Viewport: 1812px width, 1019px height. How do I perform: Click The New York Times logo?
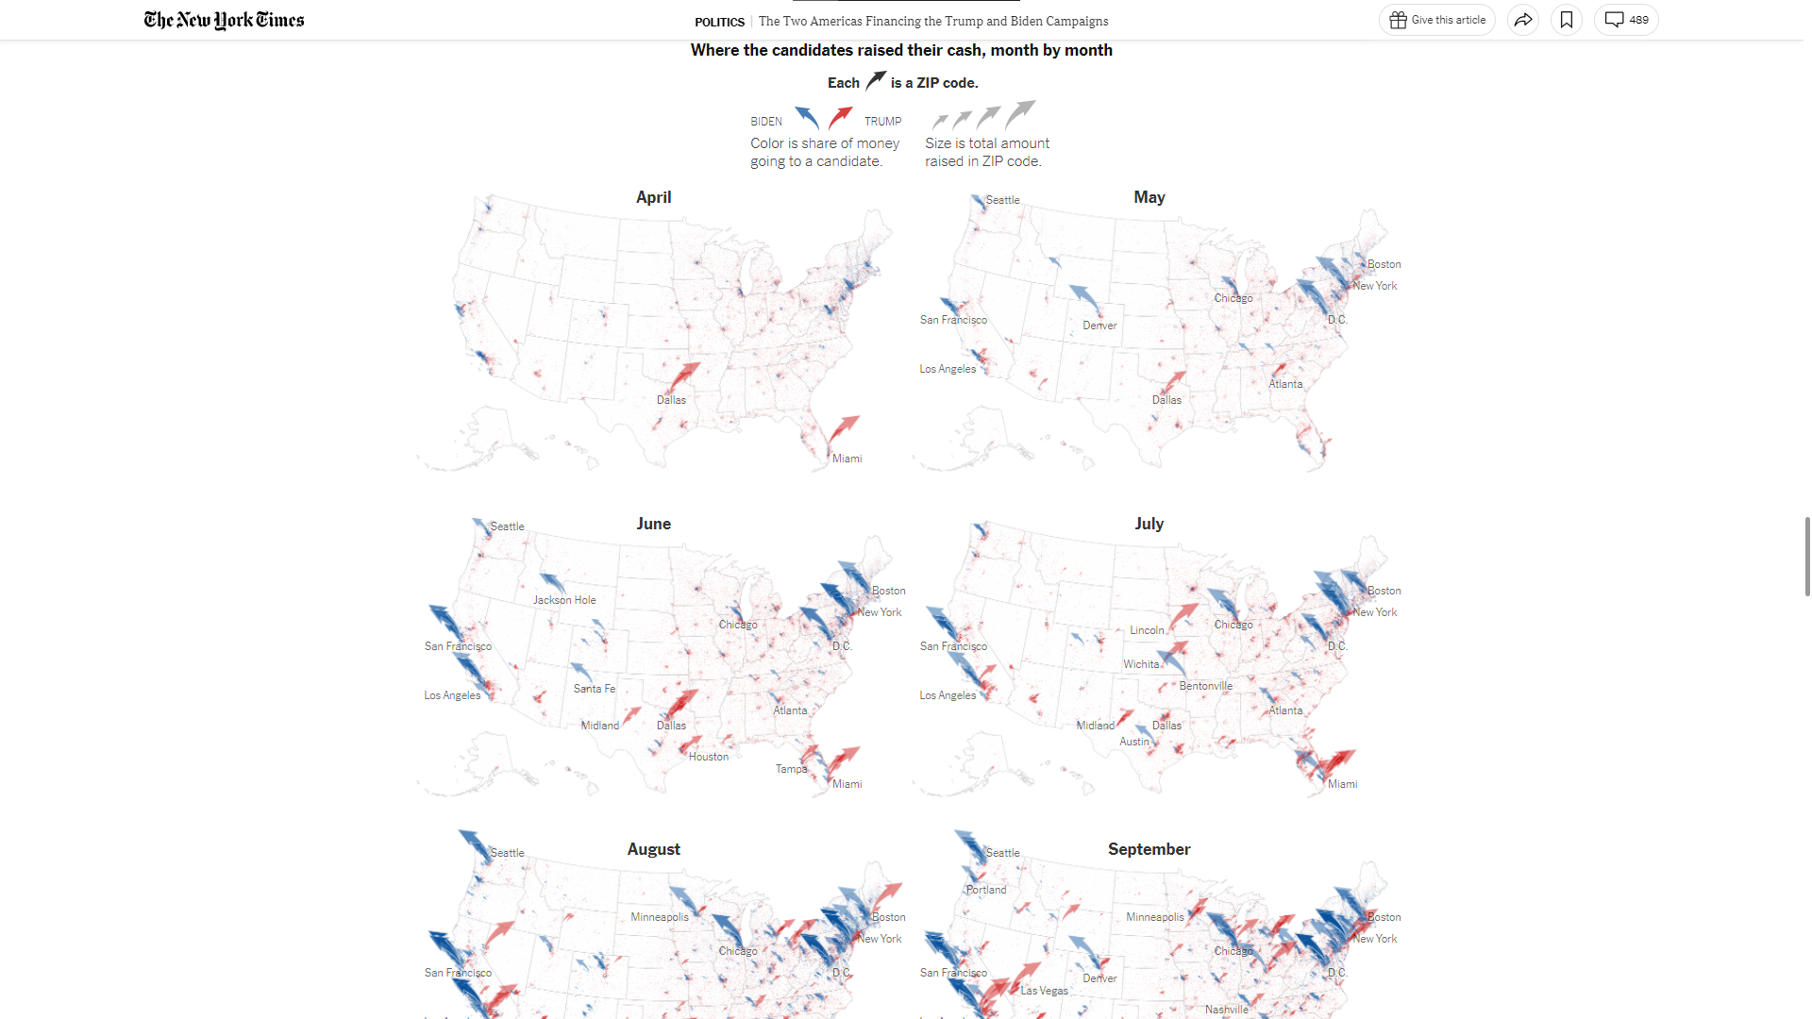click(x=224, y=20)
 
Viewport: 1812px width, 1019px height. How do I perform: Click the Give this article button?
click(x=1437, y=20)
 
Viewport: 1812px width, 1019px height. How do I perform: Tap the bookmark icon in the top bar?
click(x=1567, y=20)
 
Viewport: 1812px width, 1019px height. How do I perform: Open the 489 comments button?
click(x=1626, y=20)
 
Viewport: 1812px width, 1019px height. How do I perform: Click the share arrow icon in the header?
click(x=1523, y=20)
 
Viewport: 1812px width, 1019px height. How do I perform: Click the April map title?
click(x=653, y=197)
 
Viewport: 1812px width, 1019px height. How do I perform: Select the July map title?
click(x=1149, y=524)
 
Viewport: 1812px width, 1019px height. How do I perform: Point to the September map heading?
click(x=1149, y=849)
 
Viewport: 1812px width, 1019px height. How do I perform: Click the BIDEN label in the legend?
click(x=766, y=122)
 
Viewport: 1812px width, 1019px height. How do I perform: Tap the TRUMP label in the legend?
click(x=882, y=122)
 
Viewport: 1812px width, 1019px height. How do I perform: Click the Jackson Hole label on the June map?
click(x=564, y=600)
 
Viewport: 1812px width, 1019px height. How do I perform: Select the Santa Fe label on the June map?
click(x=594, y=689)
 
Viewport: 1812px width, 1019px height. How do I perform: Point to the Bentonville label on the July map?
click(x=1205, y=686)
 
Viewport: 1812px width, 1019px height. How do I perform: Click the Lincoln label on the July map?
click(x=1147, y=630)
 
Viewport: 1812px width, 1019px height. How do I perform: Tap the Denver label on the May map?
click(x=1099, y=326)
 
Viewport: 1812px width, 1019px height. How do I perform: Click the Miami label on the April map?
click(x=847, y=459)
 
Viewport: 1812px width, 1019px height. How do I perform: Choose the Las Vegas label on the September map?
click(x=1044, y=991)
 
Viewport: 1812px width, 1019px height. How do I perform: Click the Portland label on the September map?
click(x=986, y=890)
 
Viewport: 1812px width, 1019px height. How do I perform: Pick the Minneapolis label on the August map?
click(x=660, y=917)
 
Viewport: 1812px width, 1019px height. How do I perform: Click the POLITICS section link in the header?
click(x=719, y=22)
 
